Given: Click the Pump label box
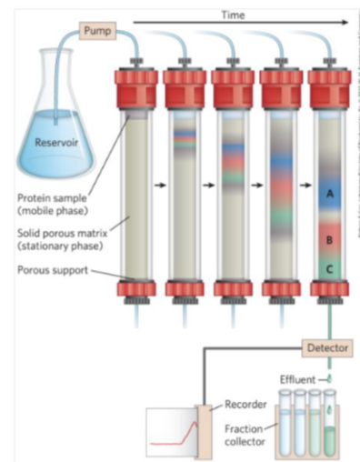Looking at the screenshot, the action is pyautogui.click(x=95, y=31).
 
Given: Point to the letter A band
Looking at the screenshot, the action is pyautogui.click(x=329, y=193).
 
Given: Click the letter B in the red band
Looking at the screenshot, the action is pyautogui.click(x=329, y=240).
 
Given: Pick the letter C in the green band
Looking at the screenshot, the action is pyautogui.click(x=329, y=268).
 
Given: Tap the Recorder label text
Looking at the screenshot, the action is pyautogui.click(x=245, y=406).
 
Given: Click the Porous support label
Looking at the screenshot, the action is pyautogui.click(x=45, y=269).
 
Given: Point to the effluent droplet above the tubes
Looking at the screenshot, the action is pyautogui.click(x=328, y=376).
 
